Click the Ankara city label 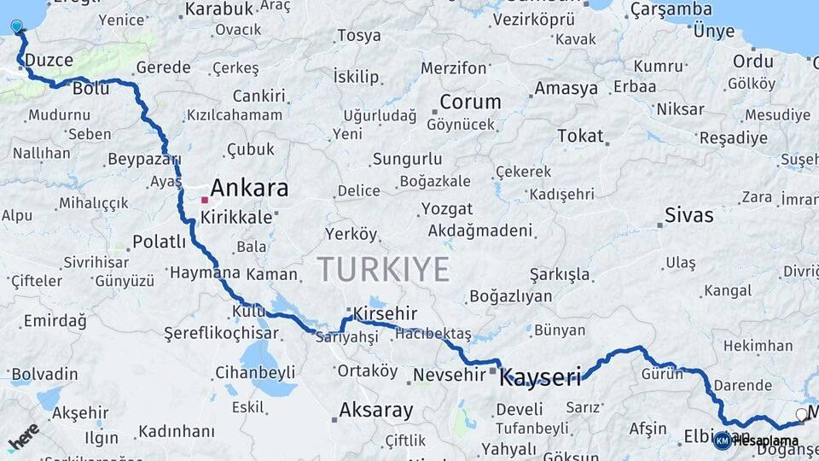tap(249, 188)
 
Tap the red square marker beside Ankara tap(205, 200)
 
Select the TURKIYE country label tap(383, 270)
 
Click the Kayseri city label tap(540, 376)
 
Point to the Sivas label tap(688, 215)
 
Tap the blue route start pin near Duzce tap(17, 26)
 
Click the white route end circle tap(801, 414)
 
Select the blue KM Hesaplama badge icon tap(723, 441)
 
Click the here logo tap(23, 436)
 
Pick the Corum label tap(469, 102)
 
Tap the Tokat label tap(580, 136)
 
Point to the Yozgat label tap(446, 209)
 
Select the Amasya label tap(566, 88)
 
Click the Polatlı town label tap(159, 242)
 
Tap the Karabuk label tap(219, 9)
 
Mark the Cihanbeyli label tap(255, 372)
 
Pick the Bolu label tap(91, 88)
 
